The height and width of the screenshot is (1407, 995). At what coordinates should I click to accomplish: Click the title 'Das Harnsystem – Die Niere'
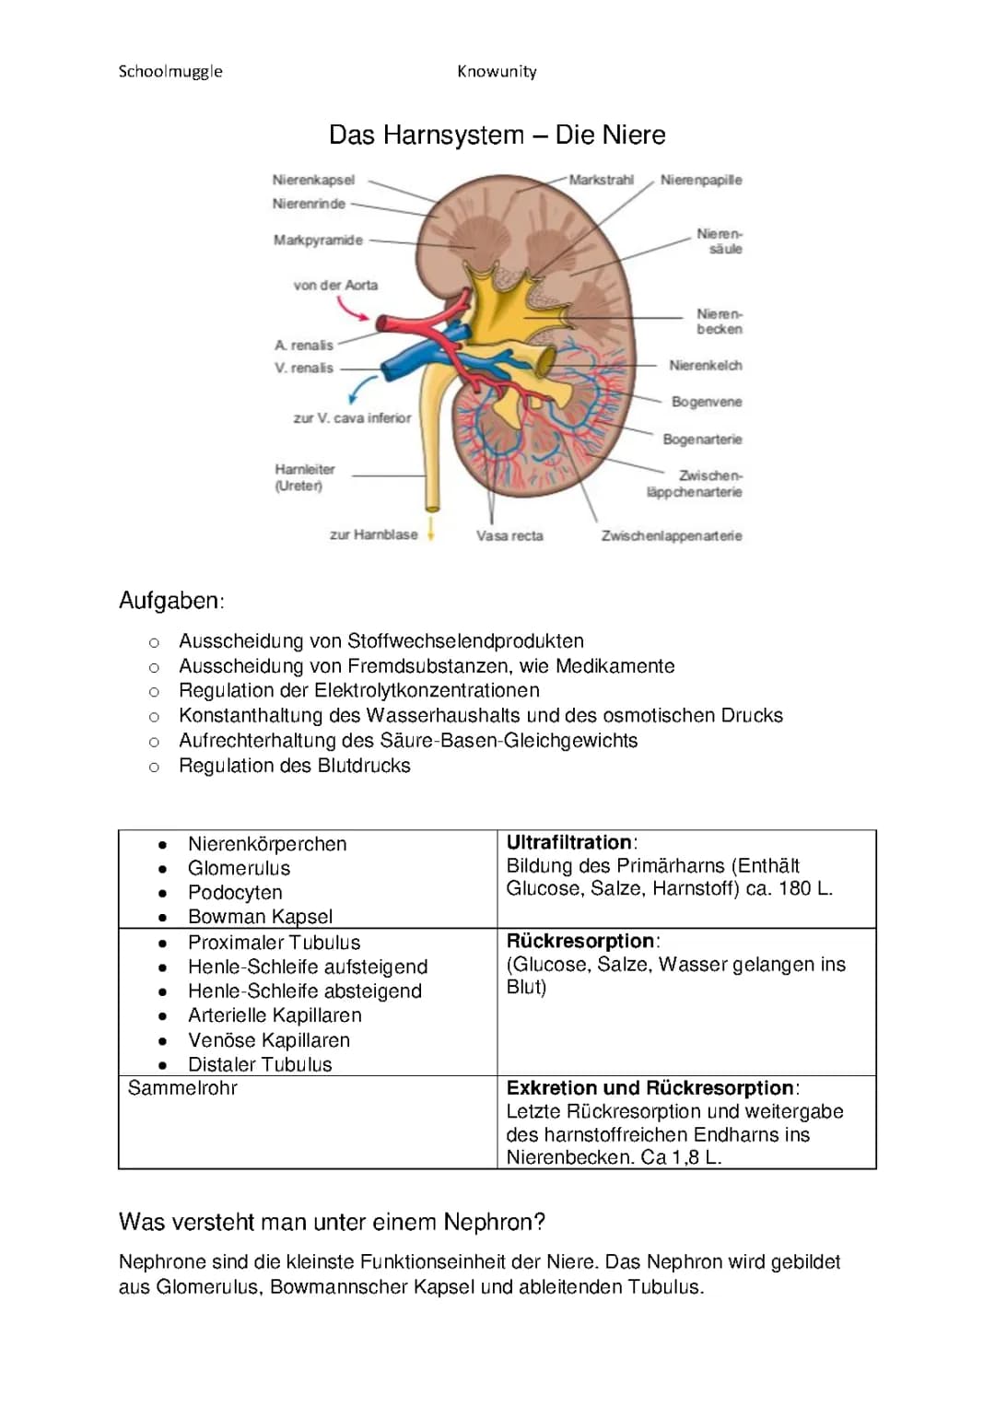pos(497,135)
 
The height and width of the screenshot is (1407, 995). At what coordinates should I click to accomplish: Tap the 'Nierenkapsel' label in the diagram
pos(313,180)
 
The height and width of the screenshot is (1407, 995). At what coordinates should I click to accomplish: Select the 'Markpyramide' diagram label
pos(318,240)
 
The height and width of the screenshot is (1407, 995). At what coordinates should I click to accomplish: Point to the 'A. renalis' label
pos(304,346)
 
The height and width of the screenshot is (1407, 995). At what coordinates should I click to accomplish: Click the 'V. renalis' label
pos(304,368)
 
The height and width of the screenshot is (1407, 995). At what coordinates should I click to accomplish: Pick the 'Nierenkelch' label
pos(705,366)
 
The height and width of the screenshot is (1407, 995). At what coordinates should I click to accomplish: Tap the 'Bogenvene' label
pos(707,402)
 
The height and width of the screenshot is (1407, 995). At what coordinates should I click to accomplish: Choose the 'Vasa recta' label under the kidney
pos(509,535)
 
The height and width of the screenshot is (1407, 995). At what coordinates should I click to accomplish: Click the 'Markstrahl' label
pos(601,180)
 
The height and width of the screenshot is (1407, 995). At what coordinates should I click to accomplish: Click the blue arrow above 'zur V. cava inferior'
pos(361,388)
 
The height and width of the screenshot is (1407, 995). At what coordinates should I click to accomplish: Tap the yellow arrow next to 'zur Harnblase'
pos(430,533)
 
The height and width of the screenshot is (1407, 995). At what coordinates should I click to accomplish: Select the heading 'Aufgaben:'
pos(171,601)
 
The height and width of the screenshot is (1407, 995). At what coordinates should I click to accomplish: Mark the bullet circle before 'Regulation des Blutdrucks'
pos(154,767)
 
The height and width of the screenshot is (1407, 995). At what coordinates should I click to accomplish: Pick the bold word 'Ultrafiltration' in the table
pos(569,842)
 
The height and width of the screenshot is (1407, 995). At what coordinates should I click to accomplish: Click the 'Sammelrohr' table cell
pos(182,1088)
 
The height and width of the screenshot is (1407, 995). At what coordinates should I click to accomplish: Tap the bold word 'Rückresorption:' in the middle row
pos(582,941)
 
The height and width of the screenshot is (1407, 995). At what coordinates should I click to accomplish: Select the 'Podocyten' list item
pos(235,892)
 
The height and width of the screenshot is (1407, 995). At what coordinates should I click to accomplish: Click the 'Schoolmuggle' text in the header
pos(170,72)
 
